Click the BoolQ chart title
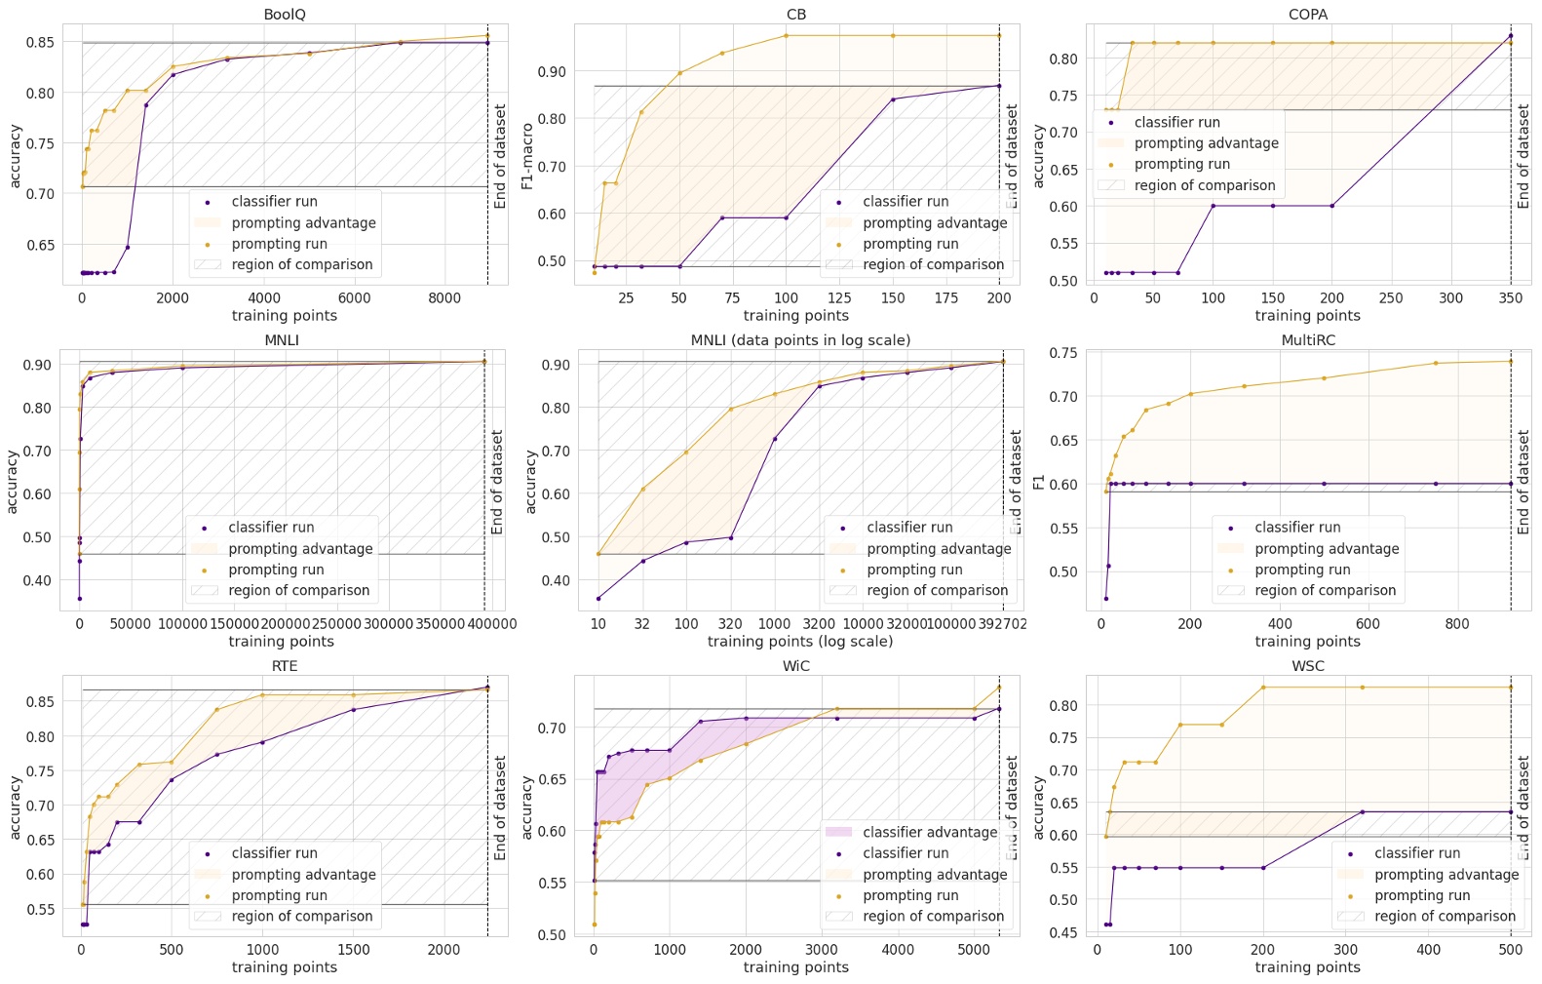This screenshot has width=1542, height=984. [285, 15]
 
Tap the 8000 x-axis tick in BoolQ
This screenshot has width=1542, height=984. [444, 298]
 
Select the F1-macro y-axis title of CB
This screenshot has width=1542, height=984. [527, 156]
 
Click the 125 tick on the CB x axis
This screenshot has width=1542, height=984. [839, 298]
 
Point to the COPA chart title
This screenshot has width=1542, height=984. [1307, 15]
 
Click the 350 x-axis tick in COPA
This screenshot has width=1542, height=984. [1510, 298]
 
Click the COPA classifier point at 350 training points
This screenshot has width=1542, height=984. [1510, 36]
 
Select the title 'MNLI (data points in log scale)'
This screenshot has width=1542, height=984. [800, 340]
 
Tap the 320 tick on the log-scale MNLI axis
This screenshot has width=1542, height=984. [730, 624]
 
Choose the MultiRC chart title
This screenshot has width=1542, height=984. [1308, 340]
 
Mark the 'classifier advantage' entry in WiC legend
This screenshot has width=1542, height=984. [930, 832]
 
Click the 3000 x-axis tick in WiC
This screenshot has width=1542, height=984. [822, 950]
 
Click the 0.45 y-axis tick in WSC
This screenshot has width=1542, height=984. [1065, 933]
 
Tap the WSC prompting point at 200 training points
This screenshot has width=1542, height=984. [1263, 688]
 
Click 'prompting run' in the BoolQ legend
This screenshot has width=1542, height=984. [279, 244]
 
